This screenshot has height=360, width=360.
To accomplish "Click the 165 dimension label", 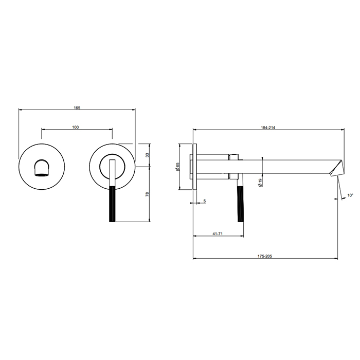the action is [77, 107].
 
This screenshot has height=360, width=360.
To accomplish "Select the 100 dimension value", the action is [76, 127].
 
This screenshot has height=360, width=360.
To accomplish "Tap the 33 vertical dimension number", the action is [148, 155].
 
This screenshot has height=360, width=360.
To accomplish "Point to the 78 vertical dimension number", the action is [148, 194].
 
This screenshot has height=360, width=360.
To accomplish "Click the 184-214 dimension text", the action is [268, 128].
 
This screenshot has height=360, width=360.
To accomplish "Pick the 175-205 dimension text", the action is [265, 256].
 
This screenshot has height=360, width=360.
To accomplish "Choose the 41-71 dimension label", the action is [218, 233].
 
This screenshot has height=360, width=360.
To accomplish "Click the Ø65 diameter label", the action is [177, 167].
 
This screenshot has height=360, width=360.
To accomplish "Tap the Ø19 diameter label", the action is [260, 183].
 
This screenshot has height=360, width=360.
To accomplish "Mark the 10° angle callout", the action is [350, 195].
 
